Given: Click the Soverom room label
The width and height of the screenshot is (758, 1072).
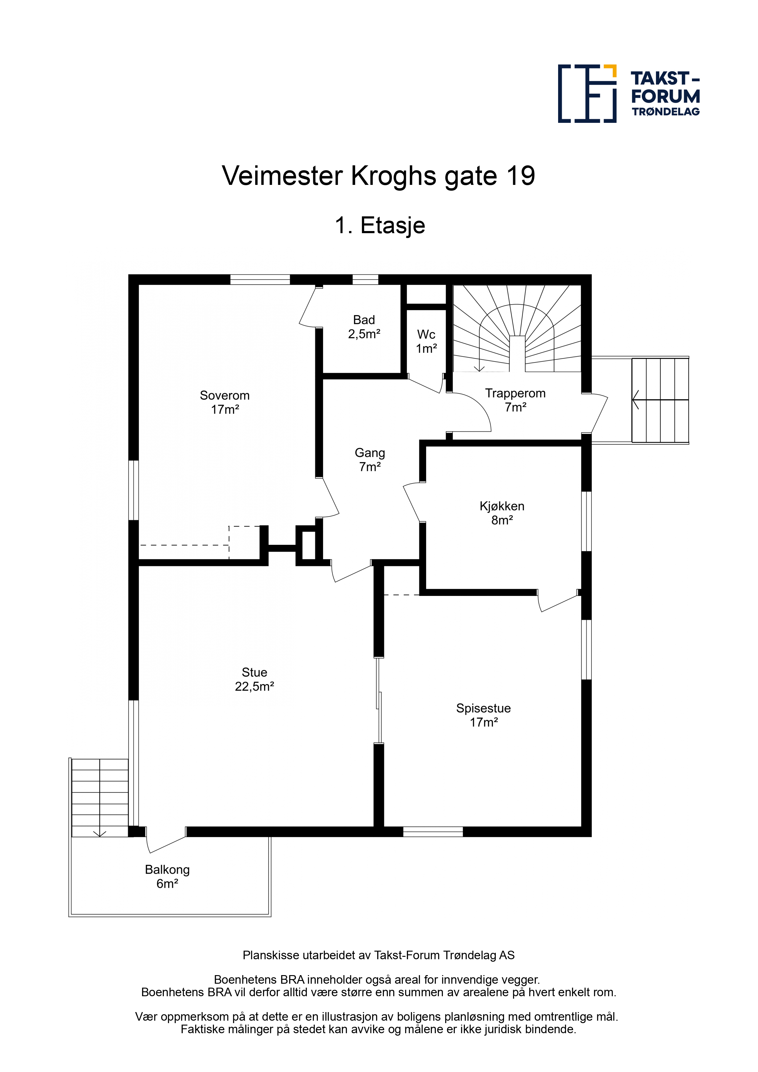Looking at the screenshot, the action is click(x=225, y=402).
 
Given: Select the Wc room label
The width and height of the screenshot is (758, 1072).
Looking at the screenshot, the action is click(x=426, y=341).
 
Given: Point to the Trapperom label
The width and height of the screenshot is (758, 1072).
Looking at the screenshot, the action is click(x=515, y=400).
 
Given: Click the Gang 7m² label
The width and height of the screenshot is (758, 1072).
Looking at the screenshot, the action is click(x=370, y=459).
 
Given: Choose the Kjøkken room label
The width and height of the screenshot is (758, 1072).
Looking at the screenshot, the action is click(x=502, y=513).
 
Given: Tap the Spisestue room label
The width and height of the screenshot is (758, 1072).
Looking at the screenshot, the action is click(x=484, y=715).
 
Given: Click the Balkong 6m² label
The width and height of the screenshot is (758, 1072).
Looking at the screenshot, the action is click(x=167, y=876).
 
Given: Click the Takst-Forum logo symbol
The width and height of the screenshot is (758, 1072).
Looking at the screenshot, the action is click(x=587, y=94).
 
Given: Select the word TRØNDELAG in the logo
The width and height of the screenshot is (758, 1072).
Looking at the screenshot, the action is click(x=665, y=112).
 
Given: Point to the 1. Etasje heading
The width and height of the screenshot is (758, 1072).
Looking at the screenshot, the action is click(x=380, y=226).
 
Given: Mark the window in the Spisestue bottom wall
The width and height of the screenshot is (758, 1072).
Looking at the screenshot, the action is click(x=433, y=832).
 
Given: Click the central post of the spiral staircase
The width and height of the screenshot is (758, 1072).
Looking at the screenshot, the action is click(x=517, y=354).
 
